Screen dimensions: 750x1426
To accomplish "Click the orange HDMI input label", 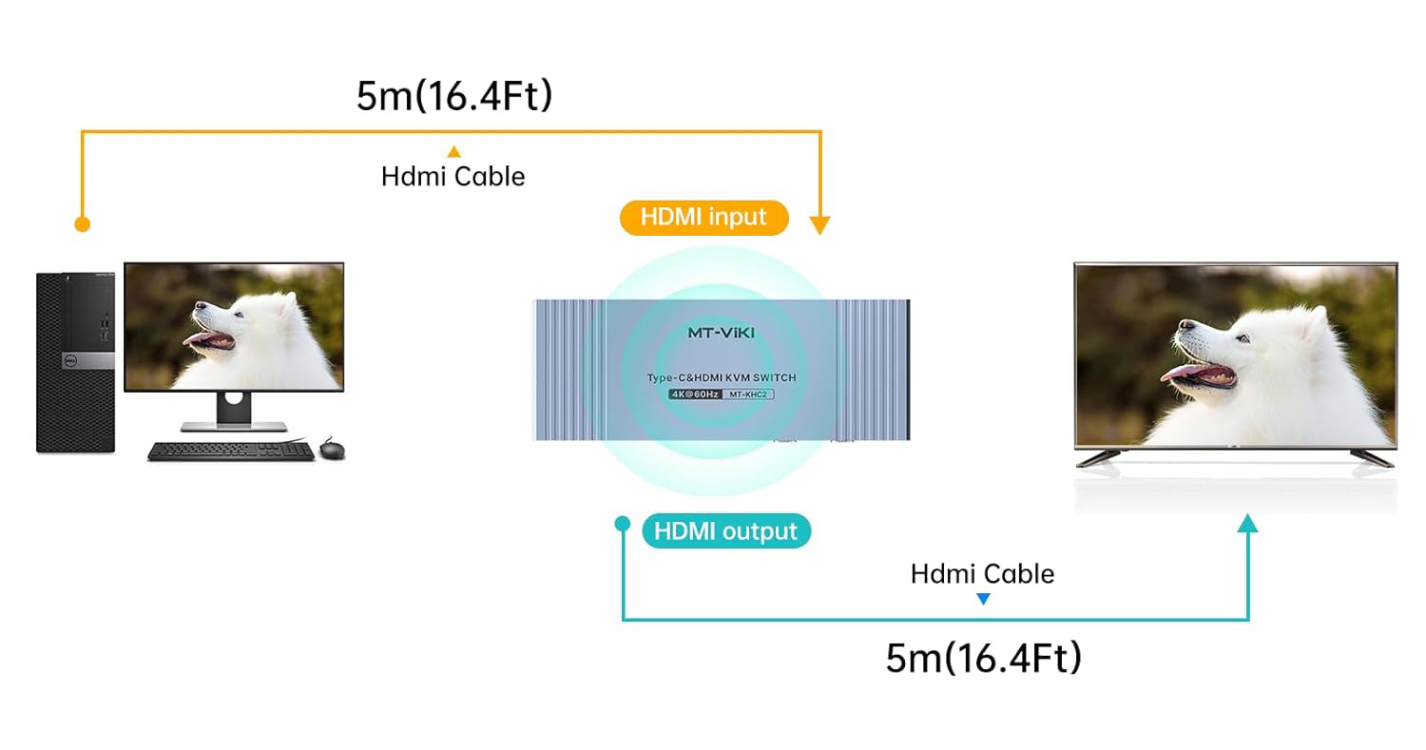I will (703, 218).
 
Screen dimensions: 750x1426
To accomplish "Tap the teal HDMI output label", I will (726, 530).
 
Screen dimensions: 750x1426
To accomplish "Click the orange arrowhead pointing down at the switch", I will (819, 225).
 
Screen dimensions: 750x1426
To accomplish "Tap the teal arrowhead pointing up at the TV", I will (1248, 522).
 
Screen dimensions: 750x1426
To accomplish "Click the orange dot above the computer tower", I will (83, 224).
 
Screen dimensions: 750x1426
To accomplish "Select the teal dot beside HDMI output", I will (623, 523).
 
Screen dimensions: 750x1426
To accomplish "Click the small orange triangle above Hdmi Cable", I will (454, 151).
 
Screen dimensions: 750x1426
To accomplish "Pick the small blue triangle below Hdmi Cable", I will (983, 599).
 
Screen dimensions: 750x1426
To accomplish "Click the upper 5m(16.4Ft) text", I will (454, 96).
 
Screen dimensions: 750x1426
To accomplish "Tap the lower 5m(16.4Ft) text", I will (983, 658).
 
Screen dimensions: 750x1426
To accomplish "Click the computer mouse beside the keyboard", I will (332, 448).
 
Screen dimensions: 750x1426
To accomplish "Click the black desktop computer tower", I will (75, 362).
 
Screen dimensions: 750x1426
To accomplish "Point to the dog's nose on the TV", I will (1183, 325).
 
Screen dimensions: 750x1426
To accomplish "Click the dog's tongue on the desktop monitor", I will (198, 341).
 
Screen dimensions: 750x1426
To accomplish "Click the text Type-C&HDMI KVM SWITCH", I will (722, 377).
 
